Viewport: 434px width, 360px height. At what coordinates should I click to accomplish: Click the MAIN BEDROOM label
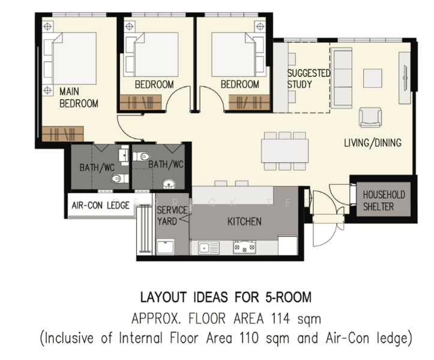79,97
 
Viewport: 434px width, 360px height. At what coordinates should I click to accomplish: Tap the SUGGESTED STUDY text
309,79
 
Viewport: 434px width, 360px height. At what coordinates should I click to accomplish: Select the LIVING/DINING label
373,143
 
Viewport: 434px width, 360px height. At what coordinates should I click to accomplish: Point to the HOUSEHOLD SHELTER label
384,200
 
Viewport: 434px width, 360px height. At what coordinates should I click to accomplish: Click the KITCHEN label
244,221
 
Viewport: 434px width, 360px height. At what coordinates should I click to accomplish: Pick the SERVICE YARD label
172,216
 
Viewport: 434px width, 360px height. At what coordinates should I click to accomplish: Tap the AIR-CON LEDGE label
100,205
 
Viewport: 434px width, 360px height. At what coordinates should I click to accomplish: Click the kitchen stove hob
244,247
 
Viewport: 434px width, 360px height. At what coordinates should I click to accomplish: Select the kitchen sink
209,248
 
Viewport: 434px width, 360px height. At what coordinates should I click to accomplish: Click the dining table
285,151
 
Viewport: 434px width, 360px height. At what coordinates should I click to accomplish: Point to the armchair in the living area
370,118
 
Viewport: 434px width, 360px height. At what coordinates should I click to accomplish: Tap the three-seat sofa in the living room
342,79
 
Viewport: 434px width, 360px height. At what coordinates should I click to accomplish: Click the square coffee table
373,79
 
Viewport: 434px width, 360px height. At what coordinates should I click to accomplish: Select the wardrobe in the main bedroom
62,134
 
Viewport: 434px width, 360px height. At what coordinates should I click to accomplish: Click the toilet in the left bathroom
119,178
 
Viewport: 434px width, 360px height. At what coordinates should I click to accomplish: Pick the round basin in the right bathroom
169,184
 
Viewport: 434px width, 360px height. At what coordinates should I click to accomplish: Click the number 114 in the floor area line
281,319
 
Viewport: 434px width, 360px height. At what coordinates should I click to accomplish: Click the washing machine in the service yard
165,247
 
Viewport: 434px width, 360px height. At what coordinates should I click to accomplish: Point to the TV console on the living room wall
405,78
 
